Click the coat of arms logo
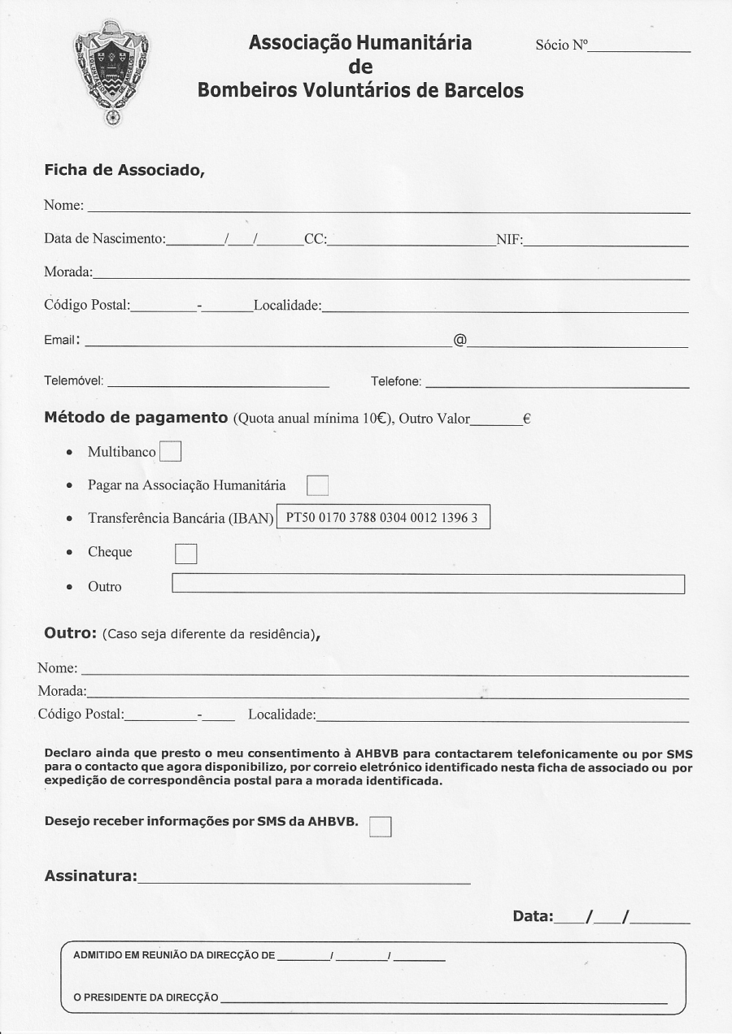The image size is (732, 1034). click(x=112, y=76)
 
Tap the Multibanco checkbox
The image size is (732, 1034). click(x=171, y=451)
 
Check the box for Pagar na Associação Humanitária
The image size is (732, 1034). click(x=317, y=486)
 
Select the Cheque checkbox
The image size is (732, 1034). click(x=186, y=553)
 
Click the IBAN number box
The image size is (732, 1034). click(x=384, y=518)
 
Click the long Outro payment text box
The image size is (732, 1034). click(x=429, y=584)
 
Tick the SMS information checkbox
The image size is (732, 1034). click(x=380, y=826)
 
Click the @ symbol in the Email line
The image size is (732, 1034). click(x=460, y=340)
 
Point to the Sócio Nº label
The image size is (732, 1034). click(x=561, y=46)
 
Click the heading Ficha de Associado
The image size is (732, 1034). click(x=123, y=171)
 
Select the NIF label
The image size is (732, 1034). click(x=509, y=240)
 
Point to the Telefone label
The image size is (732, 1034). click(x=396, y=380)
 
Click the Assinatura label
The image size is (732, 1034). click(x=90, y=876)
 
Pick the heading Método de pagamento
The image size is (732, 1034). click(x=135, y=418)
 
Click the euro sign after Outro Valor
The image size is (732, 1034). click(x=527, y=419)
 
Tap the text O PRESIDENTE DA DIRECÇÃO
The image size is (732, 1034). click(x=146, y=997)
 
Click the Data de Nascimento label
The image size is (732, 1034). click(x=104, y=240)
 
